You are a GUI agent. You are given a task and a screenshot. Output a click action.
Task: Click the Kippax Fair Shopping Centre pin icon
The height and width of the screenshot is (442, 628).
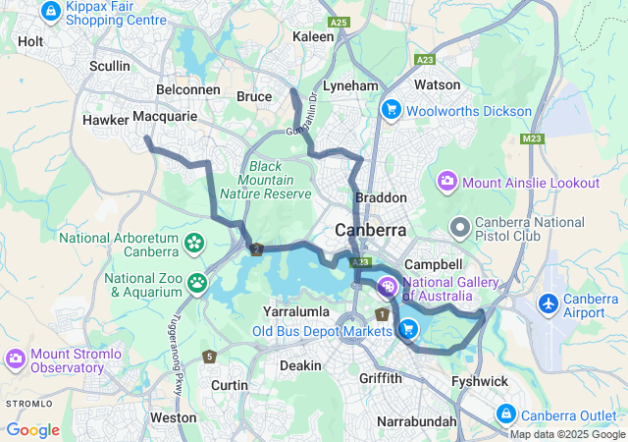50,11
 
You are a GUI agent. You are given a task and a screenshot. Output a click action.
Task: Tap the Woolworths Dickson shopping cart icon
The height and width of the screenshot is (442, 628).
391,110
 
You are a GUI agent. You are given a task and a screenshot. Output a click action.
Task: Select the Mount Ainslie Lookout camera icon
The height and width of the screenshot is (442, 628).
447,182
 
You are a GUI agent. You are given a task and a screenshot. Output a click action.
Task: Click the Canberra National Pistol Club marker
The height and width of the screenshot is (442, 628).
459,227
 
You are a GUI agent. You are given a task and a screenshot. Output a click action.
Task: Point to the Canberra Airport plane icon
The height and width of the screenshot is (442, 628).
549,304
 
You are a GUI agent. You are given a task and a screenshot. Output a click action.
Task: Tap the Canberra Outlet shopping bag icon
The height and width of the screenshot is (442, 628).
506,414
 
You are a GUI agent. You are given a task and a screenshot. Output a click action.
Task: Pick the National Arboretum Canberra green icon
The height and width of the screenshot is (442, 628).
194,242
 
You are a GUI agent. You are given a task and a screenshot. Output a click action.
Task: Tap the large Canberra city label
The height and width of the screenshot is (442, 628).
371,230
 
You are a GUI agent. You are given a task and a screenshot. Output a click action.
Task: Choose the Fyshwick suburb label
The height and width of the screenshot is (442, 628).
479,381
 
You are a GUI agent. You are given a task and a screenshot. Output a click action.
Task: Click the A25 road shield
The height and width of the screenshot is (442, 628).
340,21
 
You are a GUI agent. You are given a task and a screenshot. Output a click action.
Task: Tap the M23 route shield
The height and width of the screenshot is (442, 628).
533,138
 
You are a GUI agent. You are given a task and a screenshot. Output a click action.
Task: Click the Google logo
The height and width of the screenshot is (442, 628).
32,429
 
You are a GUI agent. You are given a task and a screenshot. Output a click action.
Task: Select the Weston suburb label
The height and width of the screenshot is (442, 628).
174,417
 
